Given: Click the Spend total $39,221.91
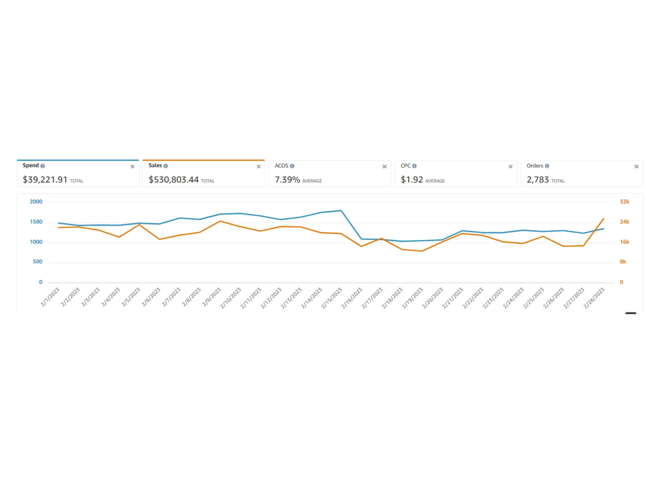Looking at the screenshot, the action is (45, 180).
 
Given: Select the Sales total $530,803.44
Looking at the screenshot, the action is (173, 180).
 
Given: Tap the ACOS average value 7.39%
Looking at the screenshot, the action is (287, 180).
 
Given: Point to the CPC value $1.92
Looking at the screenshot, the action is (412, 180).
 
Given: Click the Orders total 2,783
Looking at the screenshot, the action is (537, 180).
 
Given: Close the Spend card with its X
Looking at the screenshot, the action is (132, 167).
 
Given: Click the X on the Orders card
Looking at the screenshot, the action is (636, 167).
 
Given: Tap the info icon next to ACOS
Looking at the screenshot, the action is (292, 166).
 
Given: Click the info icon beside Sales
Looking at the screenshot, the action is (165, 166).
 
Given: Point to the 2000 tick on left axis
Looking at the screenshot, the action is (36, 202).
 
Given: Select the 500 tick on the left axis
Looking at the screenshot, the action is (37, 262).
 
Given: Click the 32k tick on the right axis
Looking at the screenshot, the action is (625, 202).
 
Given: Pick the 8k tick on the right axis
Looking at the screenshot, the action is (623, 262).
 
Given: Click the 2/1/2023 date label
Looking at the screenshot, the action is (50, 297).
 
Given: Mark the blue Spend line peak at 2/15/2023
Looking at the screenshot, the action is (341, 211).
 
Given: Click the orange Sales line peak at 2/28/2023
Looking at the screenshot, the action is (603, 219).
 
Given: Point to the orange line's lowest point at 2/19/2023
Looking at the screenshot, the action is (422, 251).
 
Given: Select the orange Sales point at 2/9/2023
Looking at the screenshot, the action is (220, 221).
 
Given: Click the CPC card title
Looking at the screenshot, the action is (406, 166).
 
